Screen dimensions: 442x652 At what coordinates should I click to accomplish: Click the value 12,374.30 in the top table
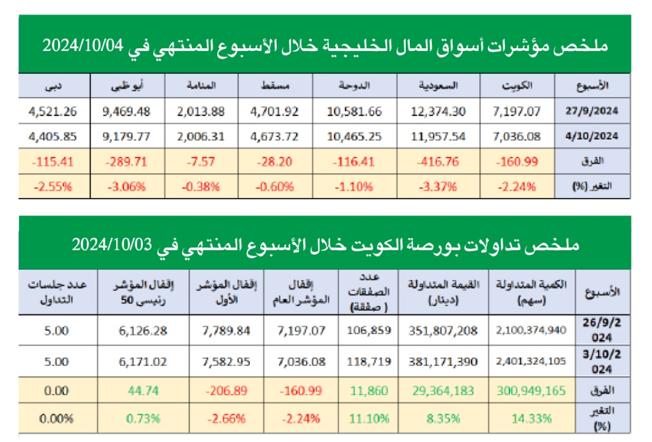(x=439, y=111)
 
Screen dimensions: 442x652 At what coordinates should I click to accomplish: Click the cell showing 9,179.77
(x=126, y=136)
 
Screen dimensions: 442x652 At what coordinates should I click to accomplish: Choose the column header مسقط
(x=279, y=86)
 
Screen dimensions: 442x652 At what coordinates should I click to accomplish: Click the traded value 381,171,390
(x=443, y=361)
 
